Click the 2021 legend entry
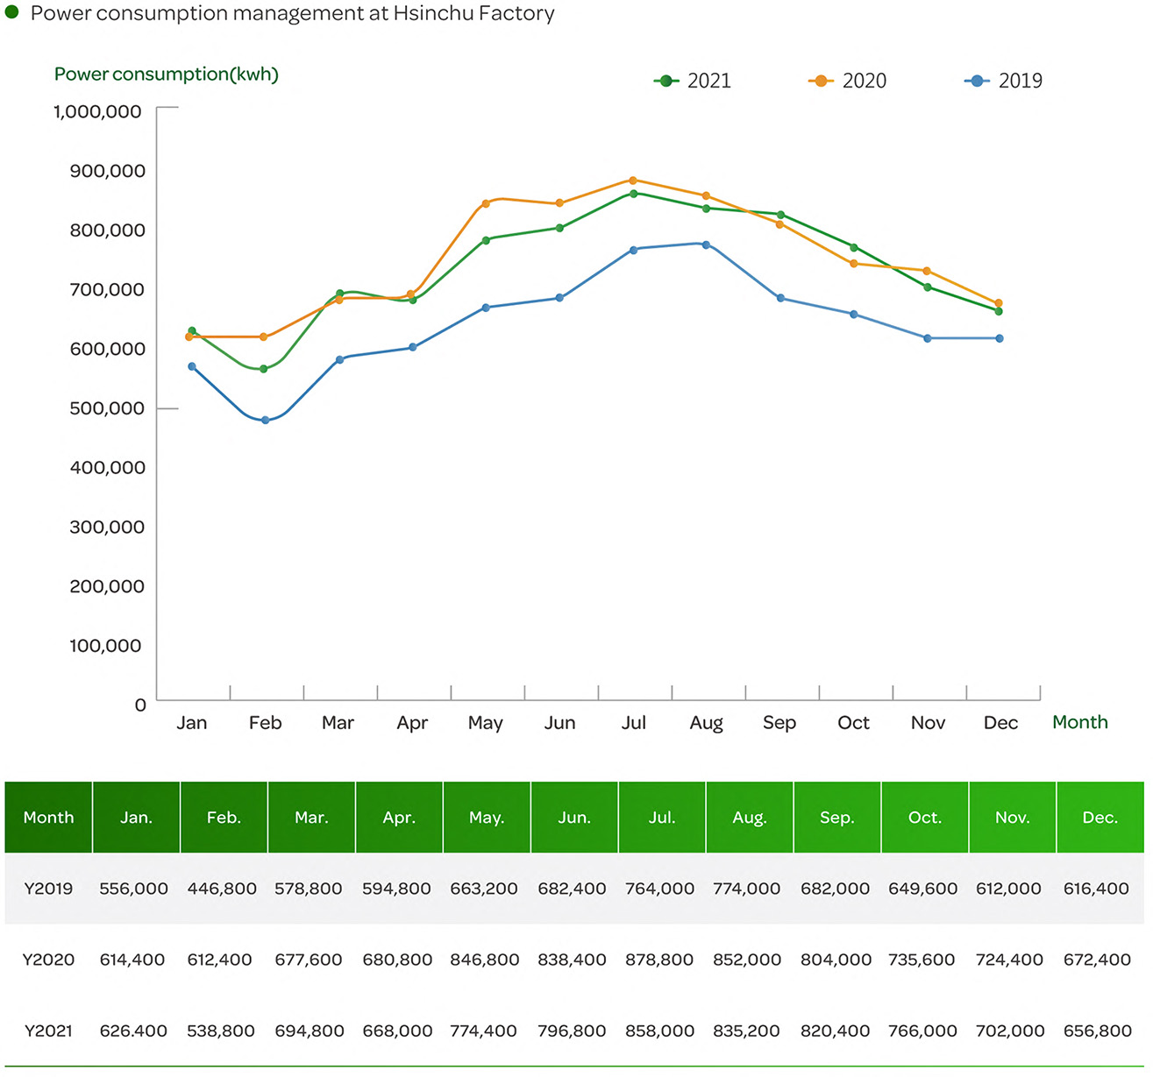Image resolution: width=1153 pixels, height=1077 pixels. (692, 81)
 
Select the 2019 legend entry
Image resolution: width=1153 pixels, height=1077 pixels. (1003, 81)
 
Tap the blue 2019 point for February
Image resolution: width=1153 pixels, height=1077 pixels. (266, 420)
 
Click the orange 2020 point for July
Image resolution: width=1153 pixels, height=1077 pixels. (633, 181)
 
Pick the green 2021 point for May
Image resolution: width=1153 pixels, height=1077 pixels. (486, 240)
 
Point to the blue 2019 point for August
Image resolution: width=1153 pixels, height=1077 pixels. (706, 244)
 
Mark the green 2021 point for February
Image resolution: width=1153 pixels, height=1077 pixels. (264, 369)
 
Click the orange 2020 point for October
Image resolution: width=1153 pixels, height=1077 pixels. (853, 264)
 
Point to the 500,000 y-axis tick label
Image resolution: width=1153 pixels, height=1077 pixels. (107, 408)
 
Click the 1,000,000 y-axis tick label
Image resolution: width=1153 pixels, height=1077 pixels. (97, 112)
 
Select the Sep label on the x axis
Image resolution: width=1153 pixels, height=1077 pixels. (779, 723)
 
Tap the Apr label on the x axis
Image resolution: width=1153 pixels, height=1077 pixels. (412, 723)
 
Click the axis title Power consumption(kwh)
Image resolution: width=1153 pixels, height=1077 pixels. (167, 74)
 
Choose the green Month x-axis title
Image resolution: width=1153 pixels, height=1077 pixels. (1080, 722)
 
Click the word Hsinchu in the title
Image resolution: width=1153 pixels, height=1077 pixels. (433, 13)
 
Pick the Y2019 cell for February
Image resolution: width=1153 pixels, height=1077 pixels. (222, 889)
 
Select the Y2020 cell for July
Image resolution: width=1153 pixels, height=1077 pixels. (659, 960)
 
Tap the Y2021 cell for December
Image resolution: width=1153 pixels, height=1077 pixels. (1097, 1031)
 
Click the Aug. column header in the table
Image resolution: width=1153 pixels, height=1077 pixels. (750, 818)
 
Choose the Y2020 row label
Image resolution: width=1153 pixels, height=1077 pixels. (48, 960)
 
